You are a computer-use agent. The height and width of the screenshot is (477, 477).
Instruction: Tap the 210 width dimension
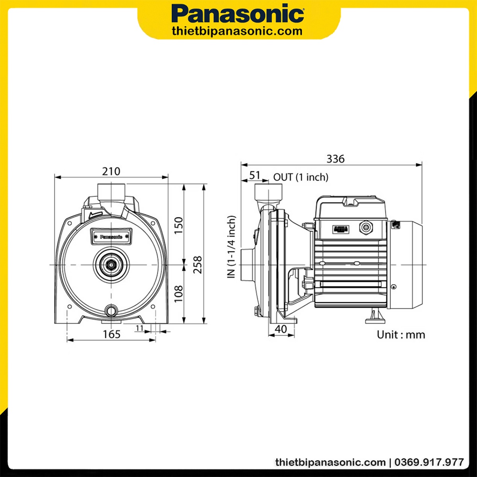[111, 171]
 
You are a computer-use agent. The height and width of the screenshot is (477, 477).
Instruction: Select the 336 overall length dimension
[335, 159]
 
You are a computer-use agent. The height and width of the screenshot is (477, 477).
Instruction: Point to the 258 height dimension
[198, 265]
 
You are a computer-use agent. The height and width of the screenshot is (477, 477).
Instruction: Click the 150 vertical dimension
[179, 225]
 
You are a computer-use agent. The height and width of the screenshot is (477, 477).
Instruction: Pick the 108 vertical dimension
[179, 293]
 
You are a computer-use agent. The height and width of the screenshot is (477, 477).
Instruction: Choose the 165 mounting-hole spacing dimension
[111, 334]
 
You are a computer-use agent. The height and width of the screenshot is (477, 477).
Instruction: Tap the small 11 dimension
[140, 328]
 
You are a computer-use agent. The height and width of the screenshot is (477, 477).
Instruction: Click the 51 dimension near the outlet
[254, 175]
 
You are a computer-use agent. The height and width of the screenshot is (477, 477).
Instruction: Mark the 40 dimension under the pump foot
[281, 329]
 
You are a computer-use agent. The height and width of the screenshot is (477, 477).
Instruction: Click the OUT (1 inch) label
[301, 177]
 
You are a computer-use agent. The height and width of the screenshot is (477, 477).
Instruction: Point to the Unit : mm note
[401, 335]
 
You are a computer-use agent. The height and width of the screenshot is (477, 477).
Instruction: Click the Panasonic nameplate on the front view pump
[111, 236]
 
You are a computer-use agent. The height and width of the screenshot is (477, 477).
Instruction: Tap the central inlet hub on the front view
[111, 264]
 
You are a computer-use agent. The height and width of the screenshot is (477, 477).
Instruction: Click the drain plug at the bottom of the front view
[111, 310]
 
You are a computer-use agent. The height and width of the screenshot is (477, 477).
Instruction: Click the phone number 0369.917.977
[430, 462]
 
